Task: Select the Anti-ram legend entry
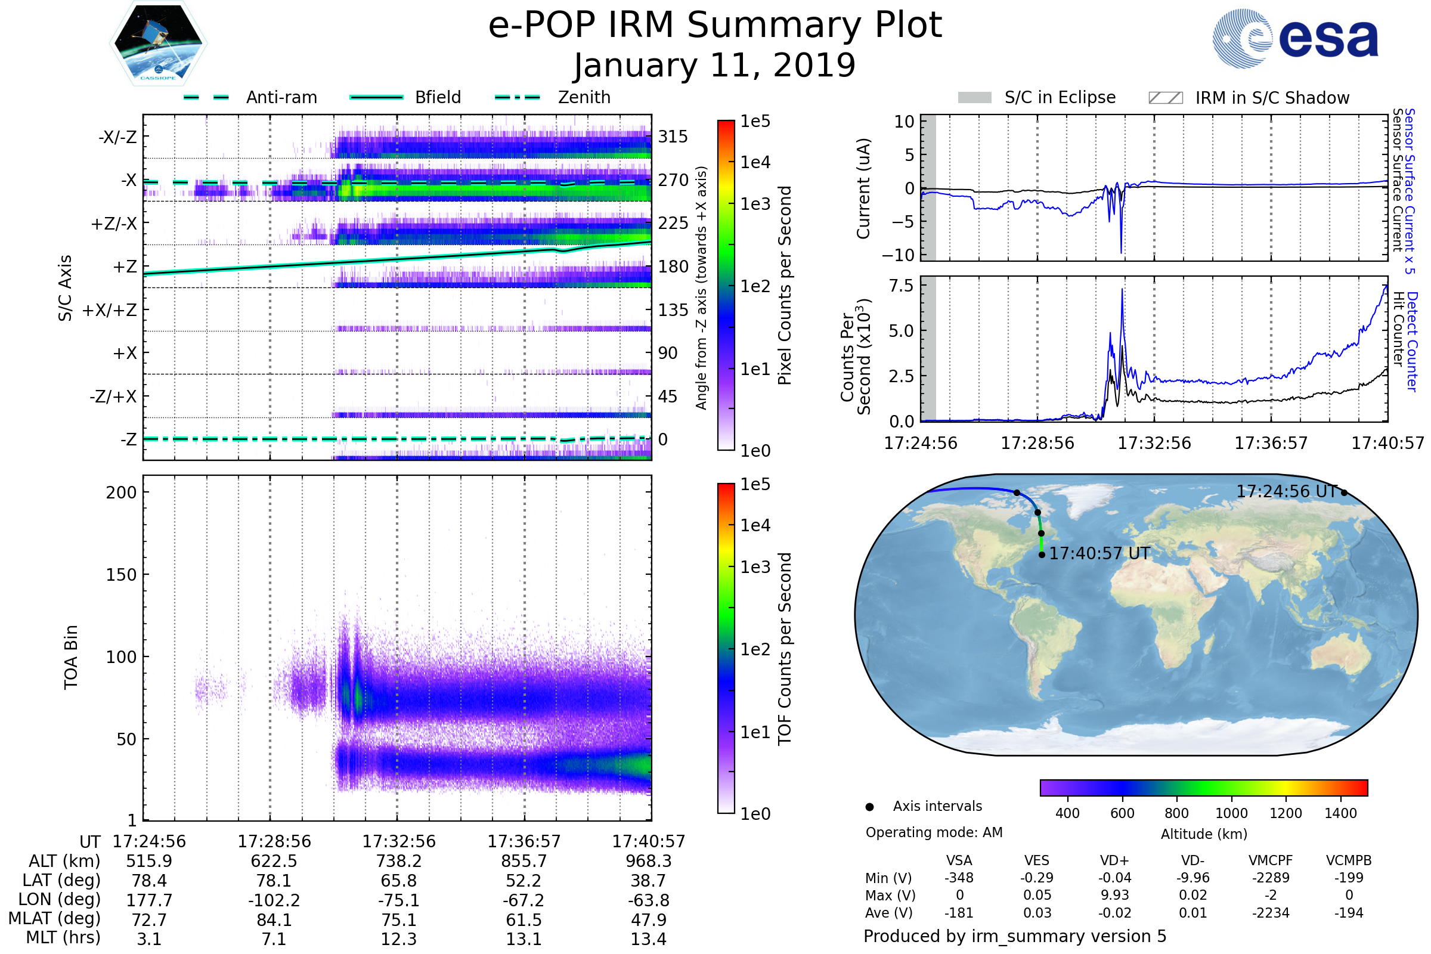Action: (281, 97)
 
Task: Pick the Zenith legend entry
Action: (584, 97)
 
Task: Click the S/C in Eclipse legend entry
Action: (1060, 97)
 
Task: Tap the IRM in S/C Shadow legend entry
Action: (1272, 98)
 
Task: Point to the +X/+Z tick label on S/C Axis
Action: (110, 310)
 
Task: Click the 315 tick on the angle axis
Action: (673, 137)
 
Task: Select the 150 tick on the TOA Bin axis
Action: (121, 575)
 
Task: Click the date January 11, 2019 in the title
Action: (715, 65)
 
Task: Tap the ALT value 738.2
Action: (399, 862)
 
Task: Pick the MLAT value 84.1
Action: (274, 920)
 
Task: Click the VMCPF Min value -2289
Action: (1271, 878)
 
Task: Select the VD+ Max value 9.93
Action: (1114, 895)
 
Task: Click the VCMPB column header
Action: (1348, 860)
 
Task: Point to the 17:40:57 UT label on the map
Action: (1099, 554)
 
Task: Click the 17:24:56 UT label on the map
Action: (1286, 491)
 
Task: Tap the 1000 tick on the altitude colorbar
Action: (1231, 813)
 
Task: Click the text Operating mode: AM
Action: (934, 832)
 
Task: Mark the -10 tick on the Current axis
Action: (898, 255)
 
